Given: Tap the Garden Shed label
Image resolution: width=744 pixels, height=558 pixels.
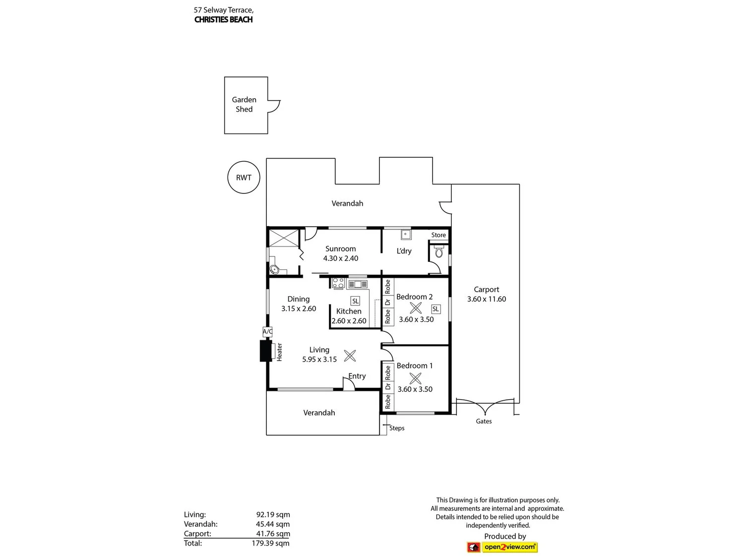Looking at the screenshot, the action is pos(244,104).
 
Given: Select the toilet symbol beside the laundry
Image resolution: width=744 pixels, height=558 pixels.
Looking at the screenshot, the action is pos(438,252).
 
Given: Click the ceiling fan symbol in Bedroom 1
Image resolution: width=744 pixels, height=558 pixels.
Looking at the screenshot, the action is pos(415,378).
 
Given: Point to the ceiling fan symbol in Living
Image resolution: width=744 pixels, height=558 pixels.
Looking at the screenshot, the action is pos(350,356).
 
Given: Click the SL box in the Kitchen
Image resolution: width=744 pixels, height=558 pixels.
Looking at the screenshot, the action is pos(355,301).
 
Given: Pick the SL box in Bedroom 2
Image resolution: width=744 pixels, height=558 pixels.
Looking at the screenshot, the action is pos(435,309).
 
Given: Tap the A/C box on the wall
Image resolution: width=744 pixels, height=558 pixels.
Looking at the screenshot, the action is pos(267,332).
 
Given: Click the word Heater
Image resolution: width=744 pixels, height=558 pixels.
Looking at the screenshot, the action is pos(279,352).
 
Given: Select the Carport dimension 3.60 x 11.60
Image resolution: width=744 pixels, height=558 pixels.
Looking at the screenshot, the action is pos(487,299).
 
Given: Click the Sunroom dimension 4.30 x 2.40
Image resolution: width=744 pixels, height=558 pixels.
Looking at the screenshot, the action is pos(340,258).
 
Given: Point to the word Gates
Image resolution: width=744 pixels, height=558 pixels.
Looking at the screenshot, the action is pos(484,421).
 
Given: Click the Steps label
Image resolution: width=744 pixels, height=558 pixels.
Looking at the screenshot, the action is pos(397,428).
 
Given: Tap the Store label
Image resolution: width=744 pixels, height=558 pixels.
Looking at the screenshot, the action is pos(438,235).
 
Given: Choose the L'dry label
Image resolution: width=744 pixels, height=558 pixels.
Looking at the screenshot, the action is pos(404,251).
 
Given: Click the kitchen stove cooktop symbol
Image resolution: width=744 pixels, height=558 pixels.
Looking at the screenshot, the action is pos(338,283).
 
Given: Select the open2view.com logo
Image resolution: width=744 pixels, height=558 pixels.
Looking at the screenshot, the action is pos(501,547).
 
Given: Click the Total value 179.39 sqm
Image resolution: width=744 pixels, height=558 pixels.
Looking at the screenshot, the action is pos(270,543).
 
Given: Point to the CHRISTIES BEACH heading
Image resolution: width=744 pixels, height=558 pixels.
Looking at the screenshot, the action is pos(223,20).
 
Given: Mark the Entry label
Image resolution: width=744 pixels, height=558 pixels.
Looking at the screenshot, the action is pos(357,376).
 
